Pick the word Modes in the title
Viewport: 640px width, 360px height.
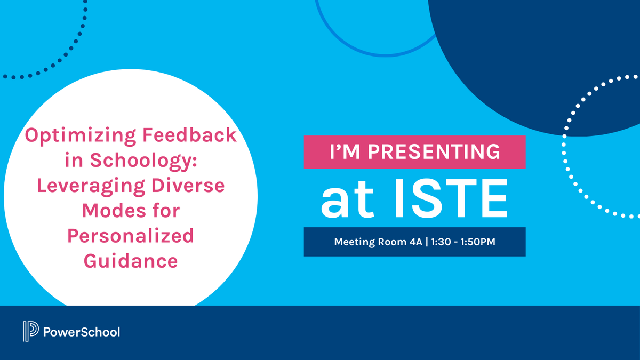pos(109,211)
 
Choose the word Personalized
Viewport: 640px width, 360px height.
pos(131,236)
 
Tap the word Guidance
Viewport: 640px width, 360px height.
pos(131,261)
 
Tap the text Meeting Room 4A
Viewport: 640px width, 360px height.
pos(378,242)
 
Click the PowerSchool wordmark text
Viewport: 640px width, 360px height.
pos(81,332)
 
